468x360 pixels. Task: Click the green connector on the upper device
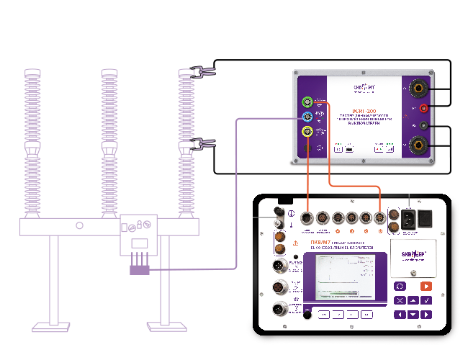[x=307, y=102]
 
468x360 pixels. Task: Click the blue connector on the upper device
[x=307, y=117]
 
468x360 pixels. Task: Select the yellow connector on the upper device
[x=307, y=131]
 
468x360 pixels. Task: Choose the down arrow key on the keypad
[x=414, y=315]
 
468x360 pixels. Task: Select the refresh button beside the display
[x=400, y=286]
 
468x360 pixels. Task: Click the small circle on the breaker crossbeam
[x=80, y=225]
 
